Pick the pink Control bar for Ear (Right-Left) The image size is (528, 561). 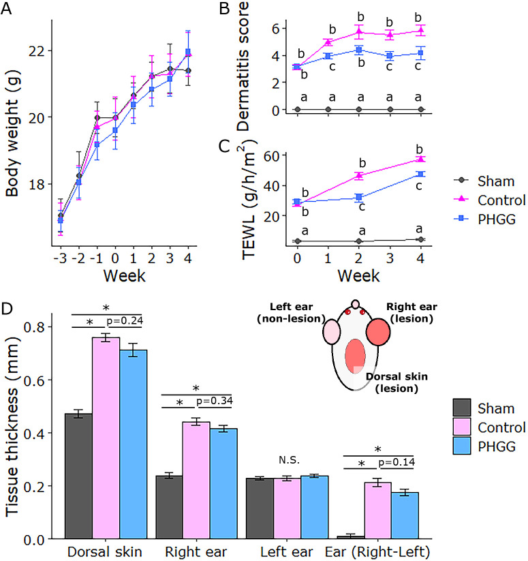377,511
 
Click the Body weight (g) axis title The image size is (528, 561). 13,136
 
